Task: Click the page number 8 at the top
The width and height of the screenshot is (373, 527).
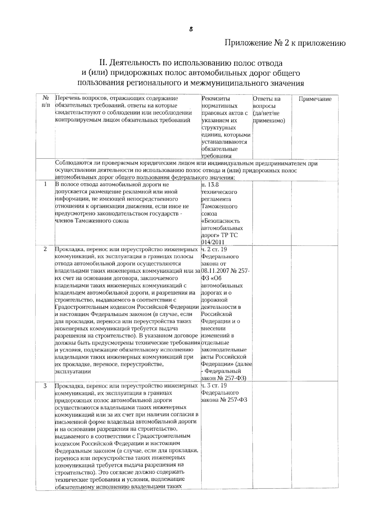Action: [191, 29]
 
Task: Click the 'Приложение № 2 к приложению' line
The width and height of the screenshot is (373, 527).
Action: [285, 43]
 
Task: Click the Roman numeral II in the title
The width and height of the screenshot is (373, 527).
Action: [103, 63]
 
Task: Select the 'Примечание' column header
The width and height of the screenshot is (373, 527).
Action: [315, 99]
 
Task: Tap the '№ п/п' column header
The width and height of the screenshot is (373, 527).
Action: [45, 102]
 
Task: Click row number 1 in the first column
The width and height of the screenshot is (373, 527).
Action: [45, 184]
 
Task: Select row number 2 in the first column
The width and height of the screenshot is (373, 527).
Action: [45, 249]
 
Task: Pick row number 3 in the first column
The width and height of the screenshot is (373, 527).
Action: [45, 386]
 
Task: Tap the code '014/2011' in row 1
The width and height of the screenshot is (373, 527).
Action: [213, 242]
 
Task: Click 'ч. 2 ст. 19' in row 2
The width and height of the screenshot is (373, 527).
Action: [214, 249]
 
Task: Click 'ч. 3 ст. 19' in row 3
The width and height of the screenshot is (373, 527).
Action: [214, 386]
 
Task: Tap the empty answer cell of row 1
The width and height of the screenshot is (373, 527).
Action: [271, 213]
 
